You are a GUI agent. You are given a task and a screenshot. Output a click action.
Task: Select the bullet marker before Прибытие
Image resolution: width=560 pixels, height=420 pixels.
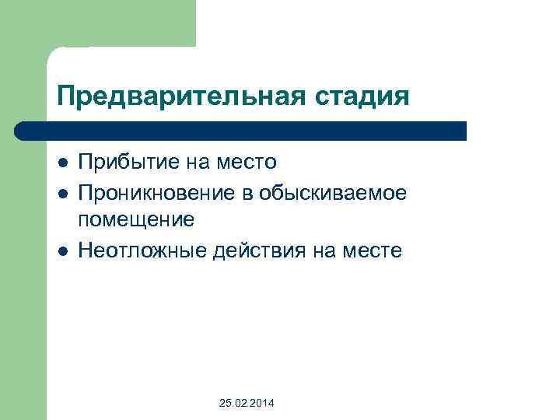click(62, 163)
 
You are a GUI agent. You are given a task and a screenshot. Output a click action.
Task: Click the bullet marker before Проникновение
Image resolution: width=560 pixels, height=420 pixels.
click(62, 191)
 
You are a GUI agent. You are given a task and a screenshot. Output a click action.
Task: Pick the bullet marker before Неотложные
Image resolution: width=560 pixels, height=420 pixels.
click(62, 250)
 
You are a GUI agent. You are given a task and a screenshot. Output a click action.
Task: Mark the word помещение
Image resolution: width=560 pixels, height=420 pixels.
click(136, 220)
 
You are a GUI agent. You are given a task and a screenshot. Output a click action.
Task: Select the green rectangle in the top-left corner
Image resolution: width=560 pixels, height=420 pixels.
click(97, 23)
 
